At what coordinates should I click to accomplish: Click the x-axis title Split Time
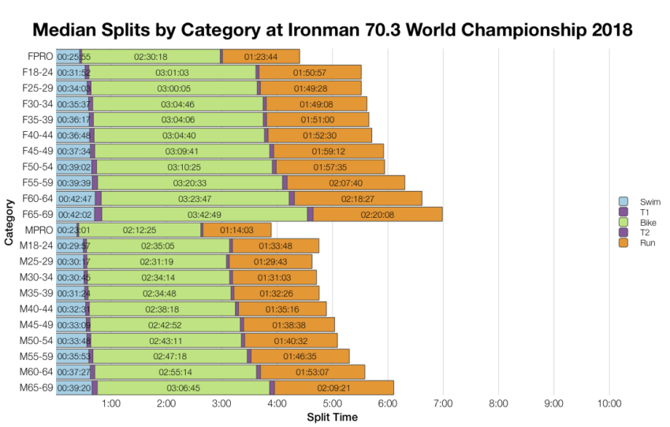pyautogui.click(x=332, y=418)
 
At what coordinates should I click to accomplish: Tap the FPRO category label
pyautogui.click(x=39, y=56)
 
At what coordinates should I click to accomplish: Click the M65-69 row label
pyautogui.click(x=36, y=387)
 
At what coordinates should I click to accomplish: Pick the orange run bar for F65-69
pyautogui.click(x=378, y=215)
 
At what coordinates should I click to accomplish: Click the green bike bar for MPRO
pyautogui.click(x=140, y=230)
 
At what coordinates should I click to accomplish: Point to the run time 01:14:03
pyautogui.click(x=236, y=230)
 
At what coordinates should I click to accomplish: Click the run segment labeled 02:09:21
pyautogui.click(x=333, y=388)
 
